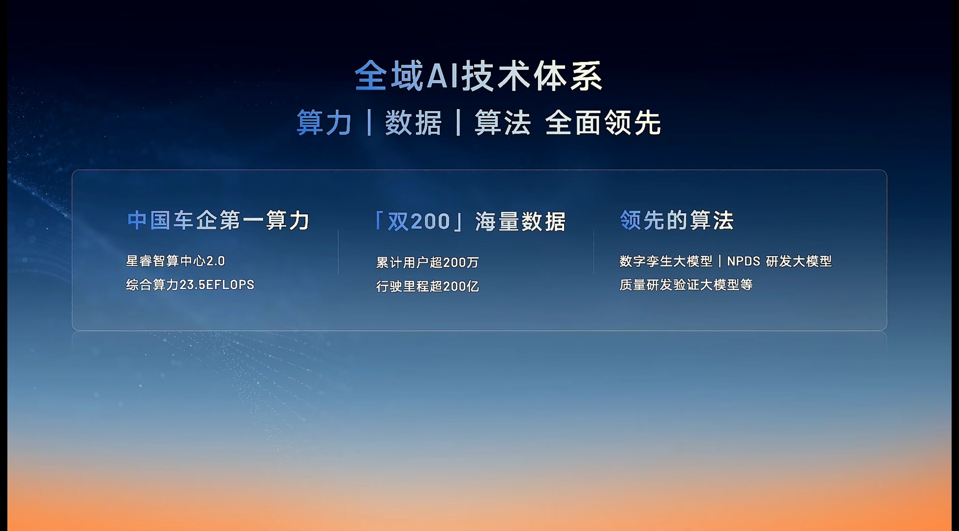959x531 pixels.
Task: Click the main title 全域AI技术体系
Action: click(x=478, y=76)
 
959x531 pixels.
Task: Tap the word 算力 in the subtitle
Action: click(x=324, y=122)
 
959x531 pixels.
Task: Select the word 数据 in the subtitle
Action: click(x=413, y=122)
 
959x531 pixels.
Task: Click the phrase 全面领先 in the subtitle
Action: click(x=603, y=122)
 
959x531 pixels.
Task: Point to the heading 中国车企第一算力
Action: click(x=218, y=220)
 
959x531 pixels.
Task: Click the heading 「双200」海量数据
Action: click(x=470, y=221)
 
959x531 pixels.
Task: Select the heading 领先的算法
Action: click(x=677, y=220)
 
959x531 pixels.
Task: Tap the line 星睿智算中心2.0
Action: click(x=175, y=261)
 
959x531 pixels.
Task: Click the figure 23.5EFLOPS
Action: click(x=217, y=285)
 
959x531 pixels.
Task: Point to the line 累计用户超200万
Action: click(x=427, y=262)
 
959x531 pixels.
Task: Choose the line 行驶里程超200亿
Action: click(x=427, y=286)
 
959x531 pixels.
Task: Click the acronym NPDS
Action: click(x=744, y=261)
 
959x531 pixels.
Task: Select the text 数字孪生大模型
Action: click(x=666, y=261)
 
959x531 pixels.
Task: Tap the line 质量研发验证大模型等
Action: click(x=686, y=285)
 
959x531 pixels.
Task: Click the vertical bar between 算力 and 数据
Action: click(x=369, y=122)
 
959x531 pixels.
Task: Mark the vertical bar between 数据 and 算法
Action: click(x=458, y=122)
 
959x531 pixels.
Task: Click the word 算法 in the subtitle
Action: click(x=503, y=122)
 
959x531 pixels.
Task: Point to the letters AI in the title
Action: click(x=442, y=76)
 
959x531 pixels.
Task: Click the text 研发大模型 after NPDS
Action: click(x=799, y=261)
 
